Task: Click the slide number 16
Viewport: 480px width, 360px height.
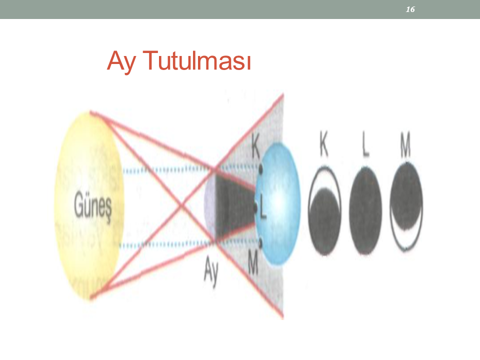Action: tap(410, 9)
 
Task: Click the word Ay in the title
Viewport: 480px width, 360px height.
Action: tap(121, 61)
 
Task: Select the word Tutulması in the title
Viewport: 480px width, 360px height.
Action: tap(196, 60)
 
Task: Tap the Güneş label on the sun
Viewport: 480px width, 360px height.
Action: tap(93, 204)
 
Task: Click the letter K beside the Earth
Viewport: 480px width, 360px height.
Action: tap(255, 145)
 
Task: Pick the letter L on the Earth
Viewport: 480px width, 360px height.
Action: tap(263, 206)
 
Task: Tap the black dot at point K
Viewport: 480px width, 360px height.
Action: tap(261, 168)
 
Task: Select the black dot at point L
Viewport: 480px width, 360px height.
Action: tap(255, 207)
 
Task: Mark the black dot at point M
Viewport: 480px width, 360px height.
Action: tap(260, 243)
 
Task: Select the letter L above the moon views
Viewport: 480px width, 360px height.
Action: tap(365, 144)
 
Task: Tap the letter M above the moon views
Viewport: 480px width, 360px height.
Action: tap(406, 144)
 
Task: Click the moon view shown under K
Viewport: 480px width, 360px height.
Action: tap(324, 210)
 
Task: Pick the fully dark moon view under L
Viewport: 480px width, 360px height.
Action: tap(365, 211)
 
